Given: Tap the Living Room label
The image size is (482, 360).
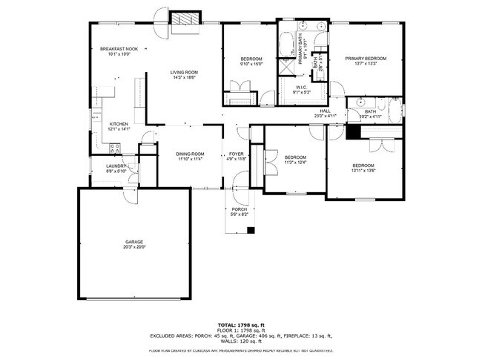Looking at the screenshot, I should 184,72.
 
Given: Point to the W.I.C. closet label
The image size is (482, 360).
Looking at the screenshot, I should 301,88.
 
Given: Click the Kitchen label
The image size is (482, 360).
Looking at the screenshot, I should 119,124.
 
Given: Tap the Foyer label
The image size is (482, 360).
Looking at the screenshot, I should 236,154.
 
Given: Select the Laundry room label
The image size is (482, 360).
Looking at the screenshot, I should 116,166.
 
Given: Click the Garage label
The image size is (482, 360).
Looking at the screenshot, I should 133,241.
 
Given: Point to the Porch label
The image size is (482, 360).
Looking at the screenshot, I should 239,209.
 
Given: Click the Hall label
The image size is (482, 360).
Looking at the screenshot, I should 325,111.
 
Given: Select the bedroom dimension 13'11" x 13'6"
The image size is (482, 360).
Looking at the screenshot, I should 363,170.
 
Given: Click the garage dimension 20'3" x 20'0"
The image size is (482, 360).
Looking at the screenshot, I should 133,246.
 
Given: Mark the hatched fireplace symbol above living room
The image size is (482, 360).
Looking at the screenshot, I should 185,18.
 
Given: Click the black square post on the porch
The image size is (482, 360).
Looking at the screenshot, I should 251,229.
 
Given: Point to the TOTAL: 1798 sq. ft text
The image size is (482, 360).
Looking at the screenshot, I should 241,325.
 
